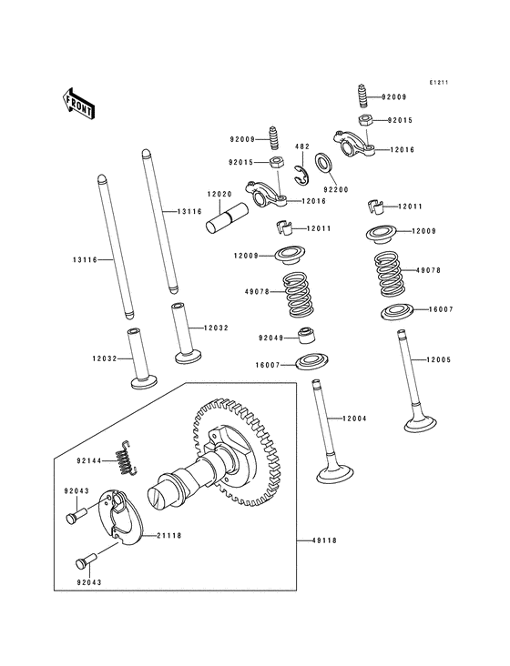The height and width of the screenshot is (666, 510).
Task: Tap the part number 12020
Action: point(218,193)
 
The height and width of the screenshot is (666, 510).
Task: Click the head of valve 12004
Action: point(330,472)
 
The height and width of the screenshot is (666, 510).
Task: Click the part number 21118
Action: point(169,536)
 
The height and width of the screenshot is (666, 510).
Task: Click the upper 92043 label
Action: point(76,491)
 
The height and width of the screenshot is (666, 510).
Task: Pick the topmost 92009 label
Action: point(393,96)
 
